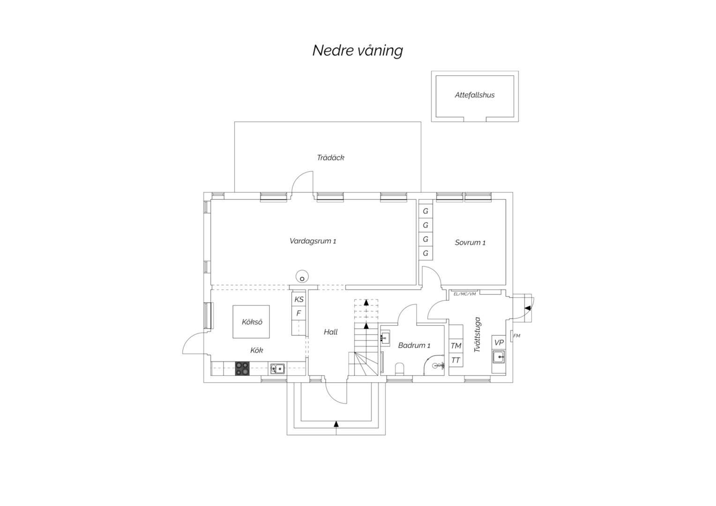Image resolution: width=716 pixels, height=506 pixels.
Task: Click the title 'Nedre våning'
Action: pos(358,51)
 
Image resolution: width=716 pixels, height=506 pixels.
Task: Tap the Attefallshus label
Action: pos(475,95)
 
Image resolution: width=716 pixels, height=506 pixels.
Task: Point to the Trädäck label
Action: pos(330,157)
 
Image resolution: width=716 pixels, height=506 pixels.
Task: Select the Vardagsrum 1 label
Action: pos(313,241)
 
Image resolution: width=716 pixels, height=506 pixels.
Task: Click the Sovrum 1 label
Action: pos(470,243)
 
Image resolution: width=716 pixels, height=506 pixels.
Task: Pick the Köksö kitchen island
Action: pos(251,321)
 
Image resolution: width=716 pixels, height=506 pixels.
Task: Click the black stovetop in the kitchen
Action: pos(242,368)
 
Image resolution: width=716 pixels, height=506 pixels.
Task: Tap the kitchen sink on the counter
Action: pos(277,369)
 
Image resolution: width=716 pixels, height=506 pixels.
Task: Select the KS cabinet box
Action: pos(299,299)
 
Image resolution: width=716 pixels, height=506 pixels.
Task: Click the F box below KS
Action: pos(299,313)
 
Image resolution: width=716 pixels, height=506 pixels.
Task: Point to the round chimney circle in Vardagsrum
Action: pos(302,276)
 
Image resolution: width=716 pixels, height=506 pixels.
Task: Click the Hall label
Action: pos(330,332)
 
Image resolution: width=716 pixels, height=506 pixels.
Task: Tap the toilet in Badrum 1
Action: pos(400,369)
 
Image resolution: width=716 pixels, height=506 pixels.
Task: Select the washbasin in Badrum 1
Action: pos(385,338)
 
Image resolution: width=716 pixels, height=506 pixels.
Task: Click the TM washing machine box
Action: pos(456,346)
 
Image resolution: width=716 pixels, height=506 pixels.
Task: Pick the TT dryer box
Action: pos(456,360)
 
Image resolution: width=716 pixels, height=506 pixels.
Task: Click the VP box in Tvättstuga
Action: pos(499,342)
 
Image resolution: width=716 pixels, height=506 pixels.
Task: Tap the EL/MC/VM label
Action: pos(464,294)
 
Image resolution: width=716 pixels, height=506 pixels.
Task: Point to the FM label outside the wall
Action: pos(516,336)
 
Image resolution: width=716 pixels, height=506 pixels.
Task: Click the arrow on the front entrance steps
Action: pos(336,424)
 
